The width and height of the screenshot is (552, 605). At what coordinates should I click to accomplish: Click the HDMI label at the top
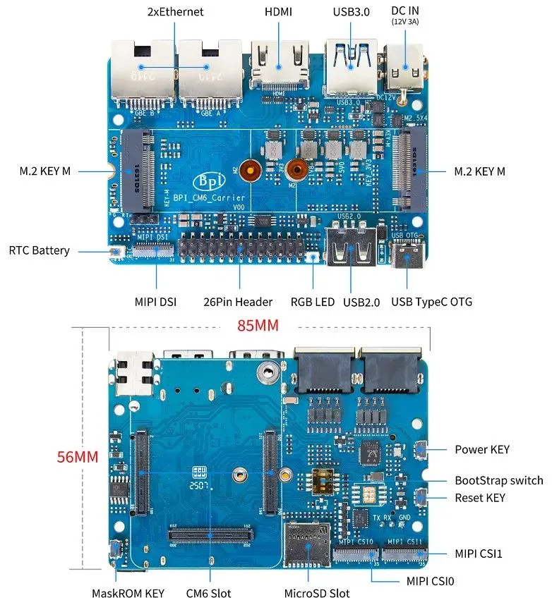(x=279, y=12)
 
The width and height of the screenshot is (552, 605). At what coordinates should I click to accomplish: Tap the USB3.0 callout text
(x=351, y=12)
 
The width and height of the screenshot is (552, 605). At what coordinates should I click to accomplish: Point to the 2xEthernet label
(x=175, y=12)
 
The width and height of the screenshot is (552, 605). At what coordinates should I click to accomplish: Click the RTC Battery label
(x=39, y=250)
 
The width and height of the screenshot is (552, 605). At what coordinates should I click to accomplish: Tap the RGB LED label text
(x=313, y=302)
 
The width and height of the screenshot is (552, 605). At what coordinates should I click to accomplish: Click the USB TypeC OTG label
(x=431, y=302)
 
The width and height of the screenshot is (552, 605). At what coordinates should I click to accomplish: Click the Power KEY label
(x=481, y=449)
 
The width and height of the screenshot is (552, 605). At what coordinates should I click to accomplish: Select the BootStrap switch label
(x=498, y=480)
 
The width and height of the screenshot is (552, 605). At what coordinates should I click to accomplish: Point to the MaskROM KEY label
(x=128, y=593)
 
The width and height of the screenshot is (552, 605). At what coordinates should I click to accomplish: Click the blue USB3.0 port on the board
(x=350, y=68)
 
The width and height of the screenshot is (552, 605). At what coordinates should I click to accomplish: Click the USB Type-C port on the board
(x=407, y=257)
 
